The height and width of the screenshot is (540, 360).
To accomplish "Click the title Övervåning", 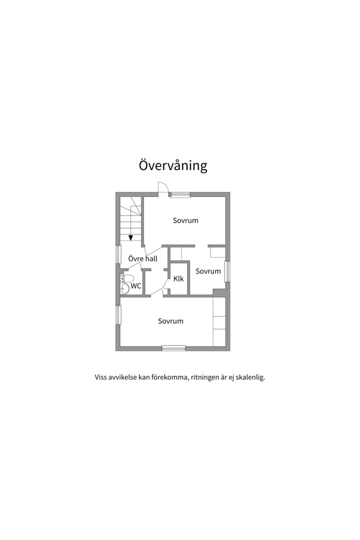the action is [173, 165].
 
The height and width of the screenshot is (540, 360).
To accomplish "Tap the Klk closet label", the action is [178, 278].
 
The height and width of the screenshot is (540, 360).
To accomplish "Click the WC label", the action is [136, 286].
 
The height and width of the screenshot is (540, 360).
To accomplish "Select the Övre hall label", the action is [142, 258].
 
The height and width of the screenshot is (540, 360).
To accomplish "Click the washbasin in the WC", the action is [124, 288].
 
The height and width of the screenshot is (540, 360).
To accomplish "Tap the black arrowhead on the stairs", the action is [130, 237].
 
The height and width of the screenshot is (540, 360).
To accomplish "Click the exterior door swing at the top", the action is [163, 187].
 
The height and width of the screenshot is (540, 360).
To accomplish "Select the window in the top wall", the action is [180, 194].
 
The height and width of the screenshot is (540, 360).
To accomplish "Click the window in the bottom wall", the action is [173, 348].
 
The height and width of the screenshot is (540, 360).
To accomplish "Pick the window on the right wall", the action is [227, 271].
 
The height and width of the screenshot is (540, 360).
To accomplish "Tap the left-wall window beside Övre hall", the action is [118, 254].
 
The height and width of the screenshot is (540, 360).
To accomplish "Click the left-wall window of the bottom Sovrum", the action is [118, 315].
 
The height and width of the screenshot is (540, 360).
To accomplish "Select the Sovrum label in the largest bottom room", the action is [170, 321].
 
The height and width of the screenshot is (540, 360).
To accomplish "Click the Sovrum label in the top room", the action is [185, 220].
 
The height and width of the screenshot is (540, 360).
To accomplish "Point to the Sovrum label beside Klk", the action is [208, 271].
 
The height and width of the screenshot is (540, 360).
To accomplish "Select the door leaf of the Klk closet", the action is [165, 283].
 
